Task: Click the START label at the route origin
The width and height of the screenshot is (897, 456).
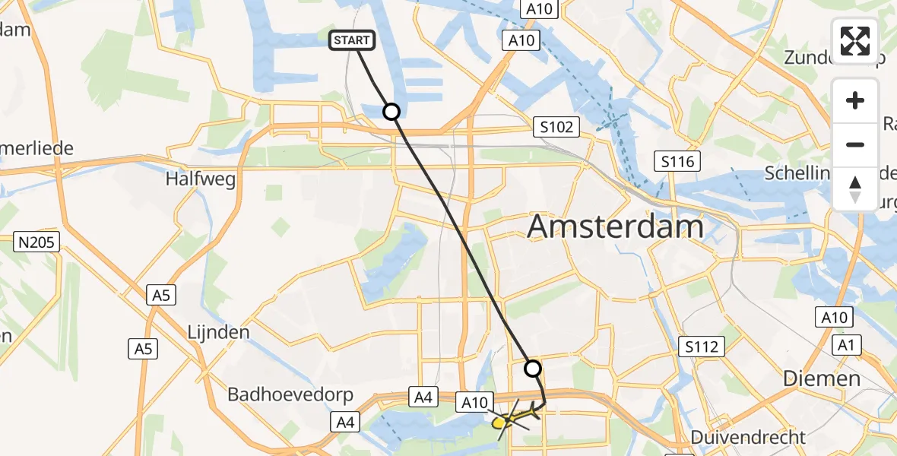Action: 351,40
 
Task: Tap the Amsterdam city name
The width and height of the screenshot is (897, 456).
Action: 615,227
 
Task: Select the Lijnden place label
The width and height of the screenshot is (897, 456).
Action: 218,332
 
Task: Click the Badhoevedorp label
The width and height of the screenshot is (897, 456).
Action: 278,395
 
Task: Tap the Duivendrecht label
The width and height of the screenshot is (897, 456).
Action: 748,437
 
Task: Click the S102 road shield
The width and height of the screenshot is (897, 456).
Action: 556,127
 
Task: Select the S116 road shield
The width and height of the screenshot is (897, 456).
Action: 677,161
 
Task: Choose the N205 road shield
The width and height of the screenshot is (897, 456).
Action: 37,242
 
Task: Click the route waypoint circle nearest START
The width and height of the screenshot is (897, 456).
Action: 391,112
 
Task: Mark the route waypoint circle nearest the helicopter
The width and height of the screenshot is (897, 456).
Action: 533,369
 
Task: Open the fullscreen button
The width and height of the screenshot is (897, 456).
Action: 855,40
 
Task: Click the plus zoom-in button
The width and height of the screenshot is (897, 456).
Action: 855,100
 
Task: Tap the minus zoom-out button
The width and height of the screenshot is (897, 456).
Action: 855,144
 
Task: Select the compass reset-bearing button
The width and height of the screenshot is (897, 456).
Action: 855,188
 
